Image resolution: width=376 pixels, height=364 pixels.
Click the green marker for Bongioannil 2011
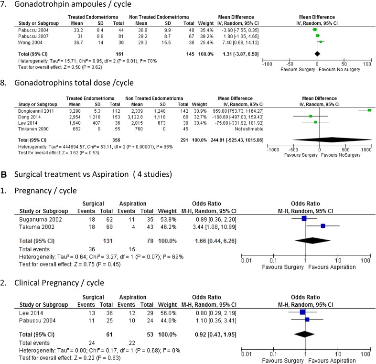tap(369, 110)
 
